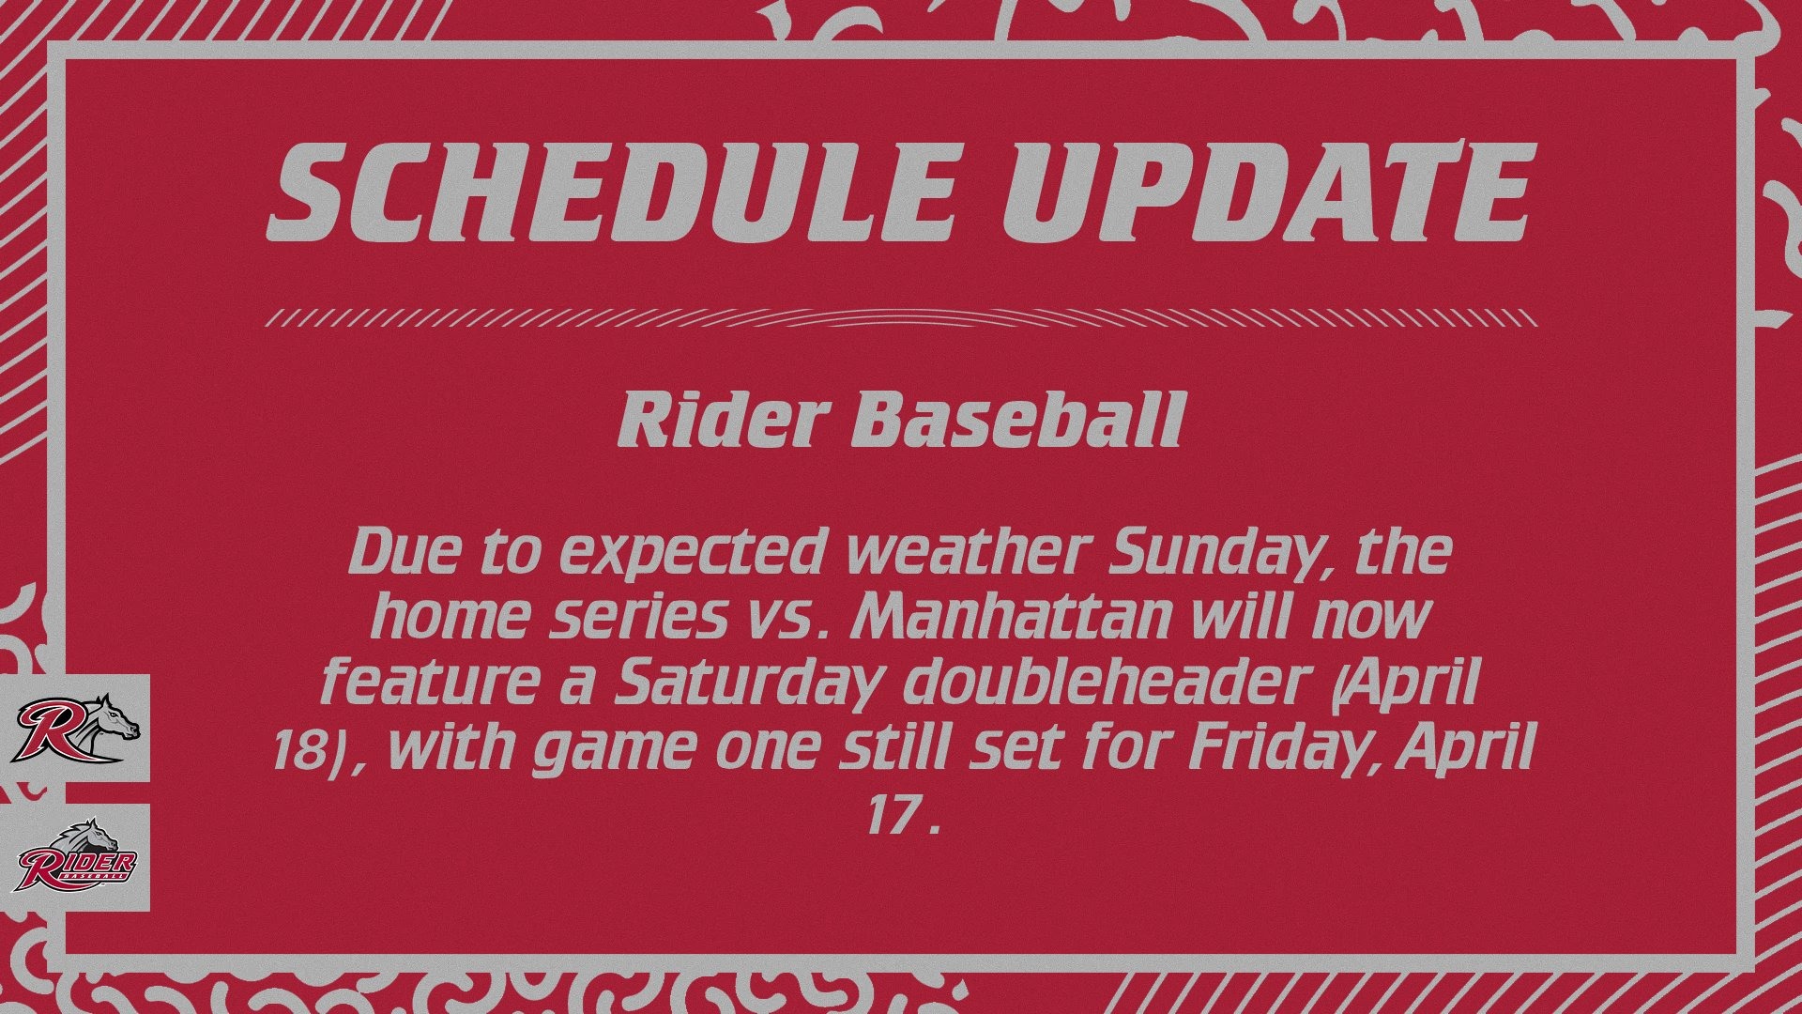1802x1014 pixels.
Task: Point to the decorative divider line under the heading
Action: (900, 317)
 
